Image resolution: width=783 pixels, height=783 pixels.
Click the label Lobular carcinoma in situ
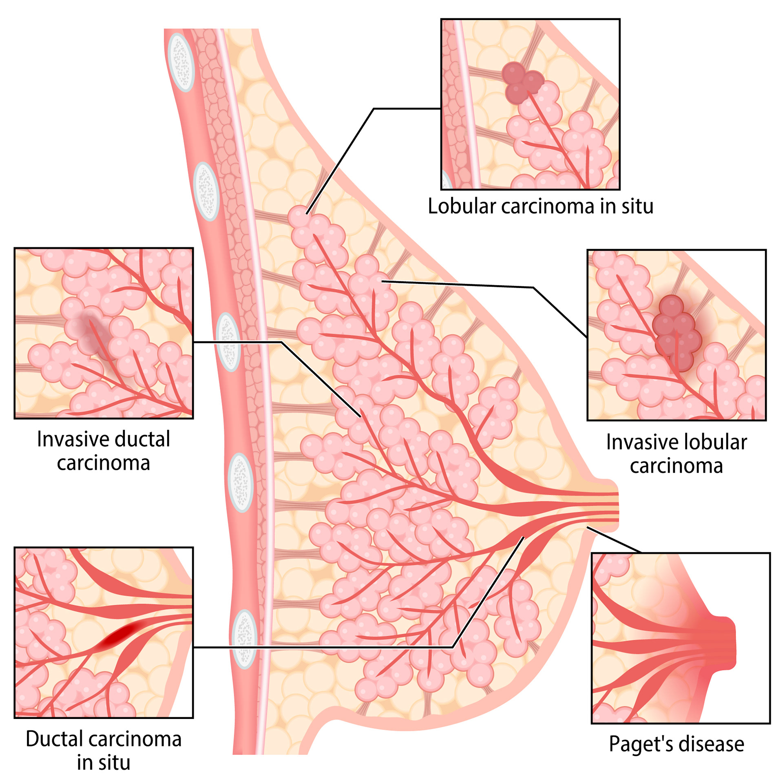[x=540, y=206]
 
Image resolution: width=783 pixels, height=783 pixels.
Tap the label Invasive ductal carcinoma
[x=103, y=451]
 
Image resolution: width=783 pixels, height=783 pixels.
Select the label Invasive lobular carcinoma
[x=676, y=454]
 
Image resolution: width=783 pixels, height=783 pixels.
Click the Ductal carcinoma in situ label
[x=103, y=751]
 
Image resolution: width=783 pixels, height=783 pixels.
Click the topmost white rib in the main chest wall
[x=181, y=62]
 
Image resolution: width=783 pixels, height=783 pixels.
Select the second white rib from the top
[x=207, y=191]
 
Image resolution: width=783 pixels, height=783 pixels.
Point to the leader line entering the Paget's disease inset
[x=614, y=539]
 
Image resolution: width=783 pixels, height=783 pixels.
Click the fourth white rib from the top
[x=241, y=483]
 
